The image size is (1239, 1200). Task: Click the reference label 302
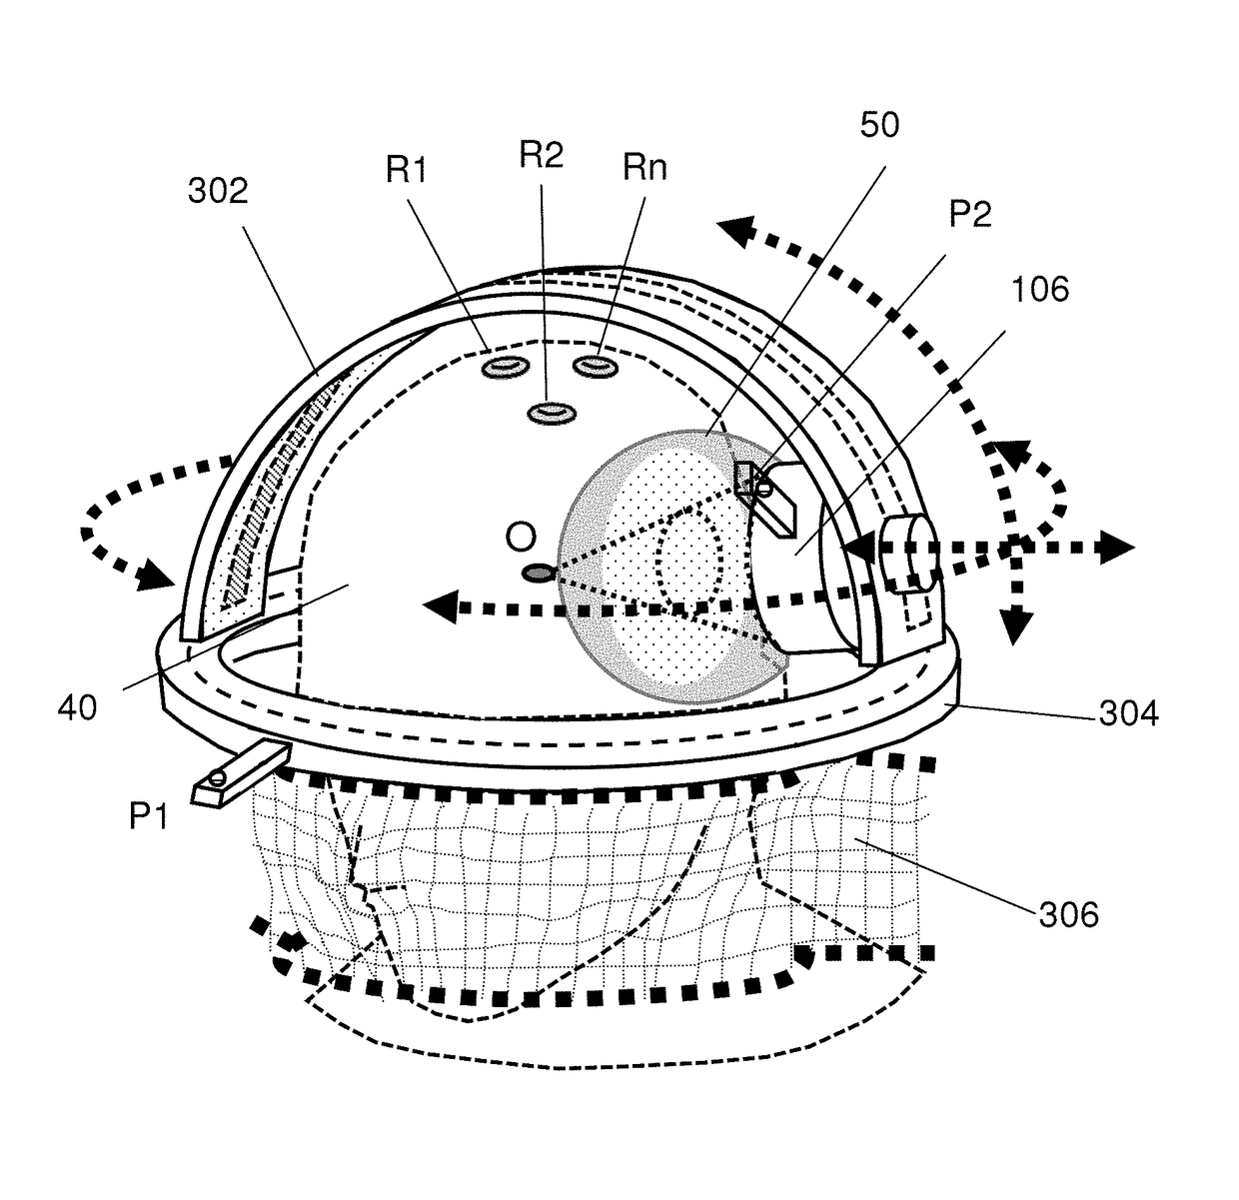pos(218,190)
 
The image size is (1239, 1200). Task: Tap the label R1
pos(406,171)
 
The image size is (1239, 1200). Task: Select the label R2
pos(542,154)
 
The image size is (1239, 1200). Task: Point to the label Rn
pos(644,167)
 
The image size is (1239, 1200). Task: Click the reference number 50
pos(878,125)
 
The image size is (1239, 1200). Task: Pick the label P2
pos(968,214)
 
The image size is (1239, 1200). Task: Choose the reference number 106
pos(1040,290)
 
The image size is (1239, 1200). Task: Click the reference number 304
pos(1129,713)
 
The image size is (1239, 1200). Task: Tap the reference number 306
pos(1068,913)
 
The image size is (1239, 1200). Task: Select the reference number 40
pos(77,708)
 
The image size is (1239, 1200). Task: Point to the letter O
pos(521,537)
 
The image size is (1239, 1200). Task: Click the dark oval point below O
pos(539,573)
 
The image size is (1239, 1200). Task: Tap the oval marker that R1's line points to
pos(505,369)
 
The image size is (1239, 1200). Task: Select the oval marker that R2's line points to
pos(549,412)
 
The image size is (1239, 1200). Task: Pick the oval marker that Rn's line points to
pos(598,367)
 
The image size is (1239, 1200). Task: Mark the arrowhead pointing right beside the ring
pos(1119,547)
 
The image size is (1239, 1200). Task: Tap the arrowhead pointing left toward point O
pos(437,604)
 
